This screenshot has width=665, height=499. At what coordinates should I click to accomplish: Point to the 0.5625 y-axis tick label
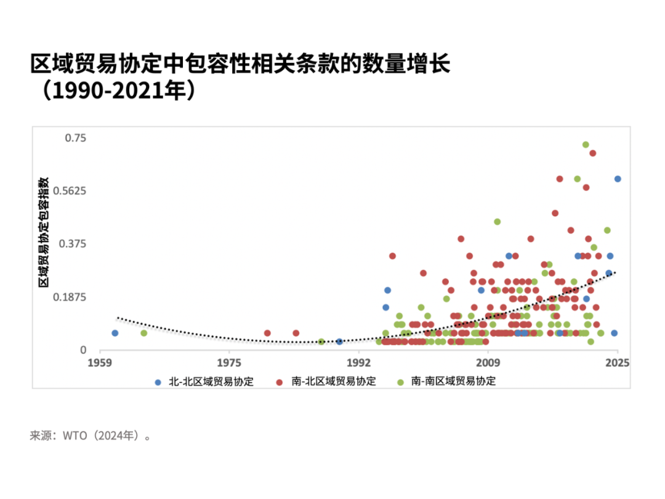[x=70, y=191]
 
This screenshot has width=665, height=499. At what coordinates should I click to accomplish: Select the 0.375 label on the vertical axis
[x=73, y=244]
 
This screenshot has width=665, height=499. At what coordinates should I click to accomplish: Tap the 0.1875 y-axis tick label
[x=70, y=298]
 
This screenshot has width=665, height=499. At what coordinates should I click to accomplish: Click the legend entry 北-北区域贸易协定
[x=205, y=381]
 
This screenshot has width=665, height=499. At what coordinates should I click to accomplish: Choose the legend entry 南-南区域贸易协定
[x=446, y=381]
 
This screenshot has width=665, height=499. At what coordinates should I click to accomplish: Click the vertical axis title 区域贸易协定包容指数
[x=44, y=232]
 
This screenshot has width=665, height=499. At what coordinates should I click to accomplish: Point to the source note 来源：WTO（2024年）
[x=91, y=436]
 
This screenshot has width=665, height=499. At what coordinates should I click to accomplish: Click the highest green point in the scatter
[x=586, y=145]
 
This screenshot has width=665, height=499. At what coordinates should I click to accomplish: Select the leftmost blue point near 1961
[x=115, y=333]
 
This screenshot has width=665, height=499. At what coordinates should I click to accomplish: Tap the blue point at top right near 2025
[x=618, y=179]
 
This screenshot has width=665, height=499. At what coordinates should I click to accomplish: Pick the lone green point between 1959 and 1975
[x=143, y=333]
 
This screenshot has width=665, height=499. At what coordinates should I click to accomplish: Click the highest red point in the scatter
[x=592, y=153]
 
